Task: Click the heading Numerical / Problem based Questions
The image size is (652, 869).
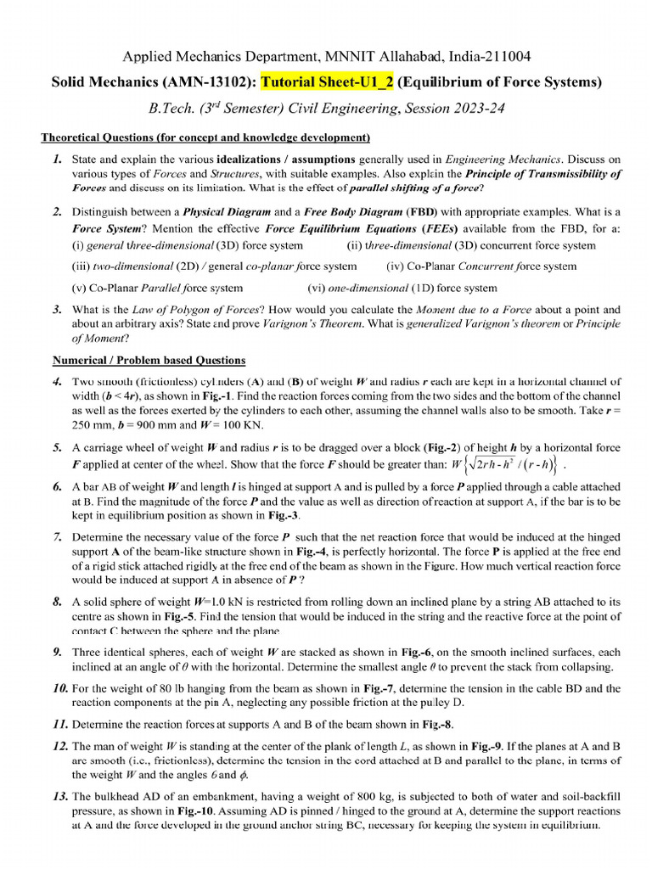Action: (144, 360)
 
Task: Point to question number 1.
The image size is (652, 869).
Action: (57, 159)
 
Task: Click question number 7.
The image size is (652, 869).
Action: (57, 537)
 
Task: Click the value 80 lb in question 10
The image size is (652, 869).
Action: (165, 689)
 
